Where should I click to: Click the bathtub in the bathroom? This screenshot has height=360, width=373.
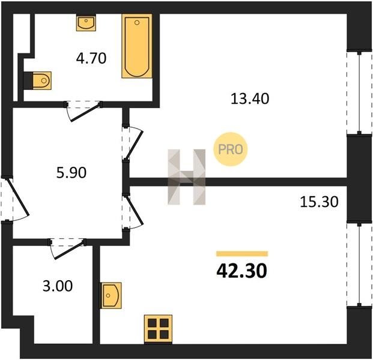[x=137, y=46]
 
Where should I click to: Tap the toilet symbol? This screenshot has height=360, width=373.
[x=42, y=80]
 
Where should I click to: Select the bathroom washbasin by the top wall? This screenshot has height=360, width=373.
[x=86, y=23]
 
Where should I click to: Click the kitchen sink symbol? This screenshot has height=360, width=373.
[x=111, y=295]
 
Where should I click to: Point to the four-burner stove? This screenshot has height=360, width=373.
[x=158, y=329]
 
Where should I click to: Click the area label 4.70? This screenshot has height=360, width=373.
[x=91, y=58]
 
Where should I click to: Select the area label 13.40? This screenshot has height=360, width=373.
[x=250, y=98]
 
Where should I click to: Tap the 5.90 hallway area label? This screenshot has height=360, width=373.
[x=71, y=173]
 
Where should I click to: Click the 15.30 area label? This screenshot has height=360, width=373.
[x=319, y=202]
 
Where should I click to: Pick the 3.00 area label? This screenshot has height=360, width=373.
[x=58, y=286]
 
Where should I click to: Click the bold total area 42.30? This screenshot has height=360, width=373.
[x=241, y=271]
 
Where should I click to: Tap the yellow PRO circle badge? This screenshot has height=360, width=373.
[x=231, y=149]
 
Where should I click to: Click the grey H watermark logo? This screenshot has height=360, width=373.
[x=186, y=177]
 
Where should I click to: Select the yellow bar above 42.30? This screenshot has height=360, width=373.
[x=242, y=254]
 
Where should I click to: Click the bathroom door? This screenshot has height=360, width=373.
[x=83, y=111]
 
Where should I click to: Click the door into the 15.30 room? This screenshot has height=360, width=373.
[x=133, y=211]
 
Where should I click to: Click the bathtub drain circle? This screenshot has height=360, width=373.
[x=137, y=23]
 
